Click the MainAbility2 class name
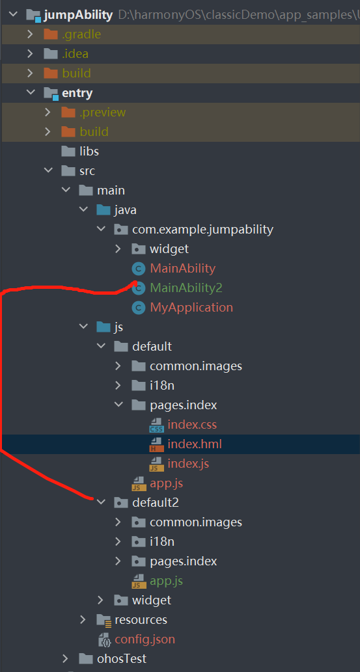tap(186, 288)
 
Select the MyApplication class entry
tap(191, 307)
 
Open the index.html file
tap(195, 444)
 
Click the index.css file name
tap(192, 425)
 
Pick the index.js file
tap(188, 464)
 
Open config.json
tap(145, 639)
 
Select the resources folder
tap(141, 620)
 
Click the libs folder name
tap(89, 152)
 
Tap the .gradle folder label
tap(81, 34)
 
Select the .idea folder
tap(75, 54)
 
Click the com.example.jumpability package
tap(202, 230)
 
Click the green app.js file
tap(167, 581)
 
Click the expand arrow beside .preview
tap(48, 113)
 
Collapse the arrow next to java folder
tap(83, 210)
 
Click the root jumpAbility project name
tap(78, 15)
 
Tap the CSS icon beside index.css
tap(156, 425)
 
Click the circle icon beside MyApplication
tap(138, 308)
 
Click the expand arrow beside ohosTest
tap(65, 659)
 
